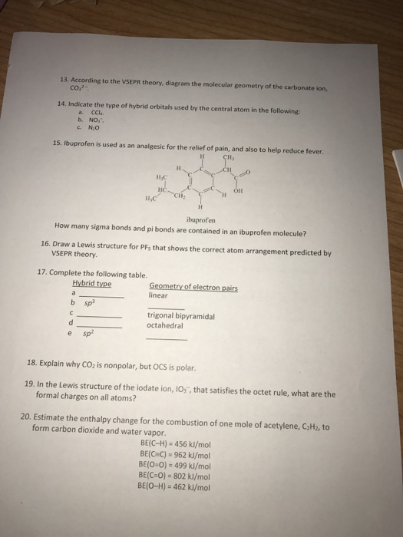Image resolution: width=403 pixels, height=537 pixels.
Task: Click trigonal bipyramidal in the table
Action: coord(181,315)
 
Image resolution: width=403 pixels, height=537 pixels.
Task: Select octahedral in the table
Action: coord(165,325)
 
